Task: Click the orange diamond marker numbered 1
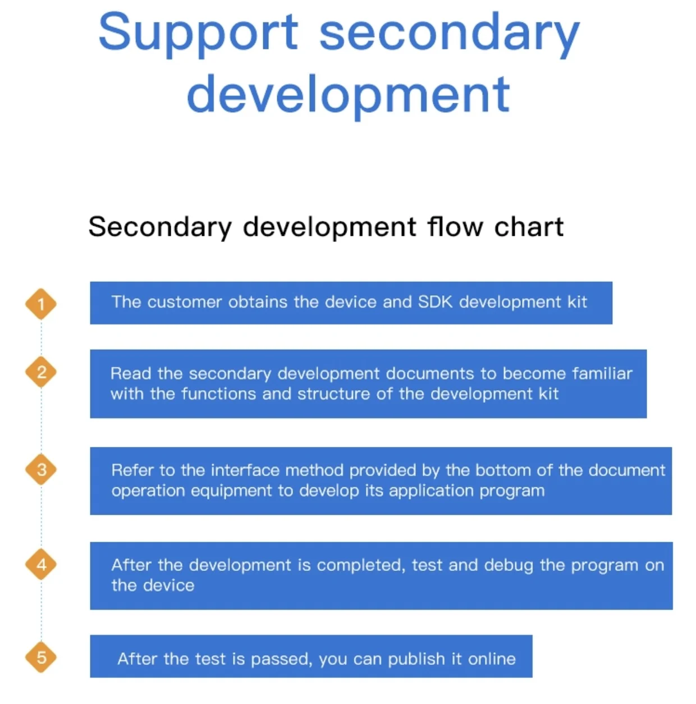coord(41,304)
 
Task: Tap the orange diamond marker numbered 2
coord(41,372)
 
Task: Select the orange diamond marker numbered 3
coord(41,469)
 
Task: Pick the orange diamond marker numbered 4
coord(41,564)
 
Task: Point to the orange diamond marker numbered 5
coord(41,657)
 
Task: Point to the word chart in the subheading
coord(529,227)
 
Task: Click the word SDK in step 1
coord(436,302)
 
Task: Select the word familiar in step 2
coord(602,373)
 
